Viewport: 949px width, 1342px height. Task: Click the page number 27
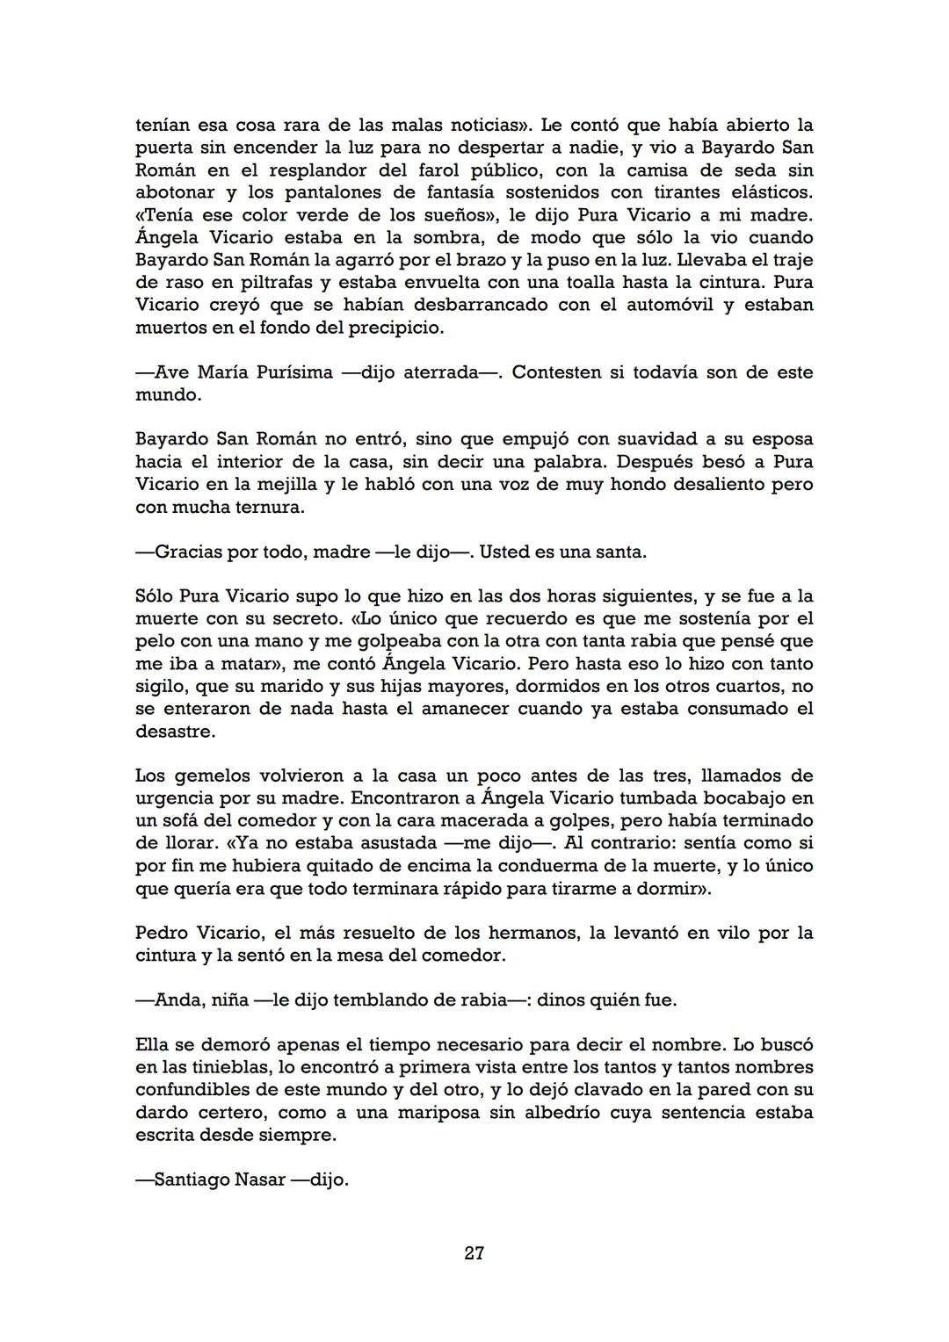(474, 1253)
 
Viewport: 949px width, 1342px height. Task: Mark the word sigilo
(159, 687)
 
